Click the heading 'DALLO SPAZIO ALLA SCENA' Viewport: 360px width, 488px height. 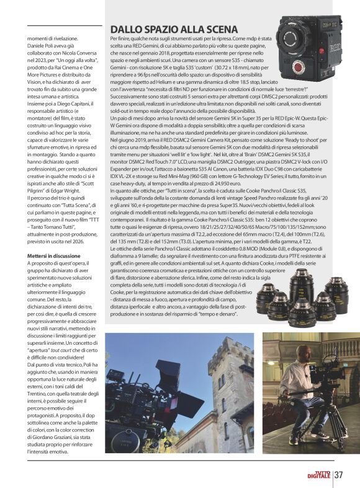174,29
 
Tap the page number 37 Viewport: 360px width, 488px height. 339,475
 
